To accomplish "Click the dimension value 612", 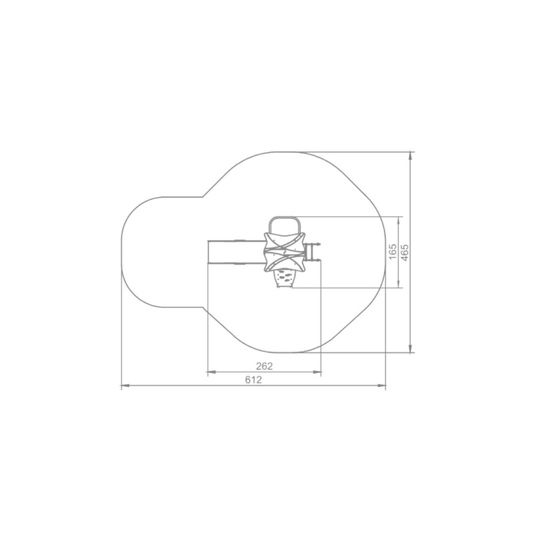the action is pos(253,380).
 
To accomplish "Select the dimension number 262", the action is pos(264,366).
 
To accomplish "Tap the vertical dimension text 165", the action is pos(393,252).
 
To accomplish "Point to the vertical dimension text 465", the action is pos(405,252).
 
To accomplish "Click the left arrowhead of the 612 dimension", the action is pos(126,386).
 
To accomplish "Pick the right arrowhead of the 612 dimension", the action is pos(381,386).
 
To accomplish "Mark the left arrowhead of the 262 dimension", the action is pos(212,372).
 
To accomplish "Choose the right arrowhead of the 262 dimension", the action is pos(317,372).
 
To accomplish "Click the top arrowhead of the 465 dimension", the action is pos(410,156).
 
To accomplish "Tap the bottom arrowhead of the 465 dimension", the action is pos(410,348).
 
